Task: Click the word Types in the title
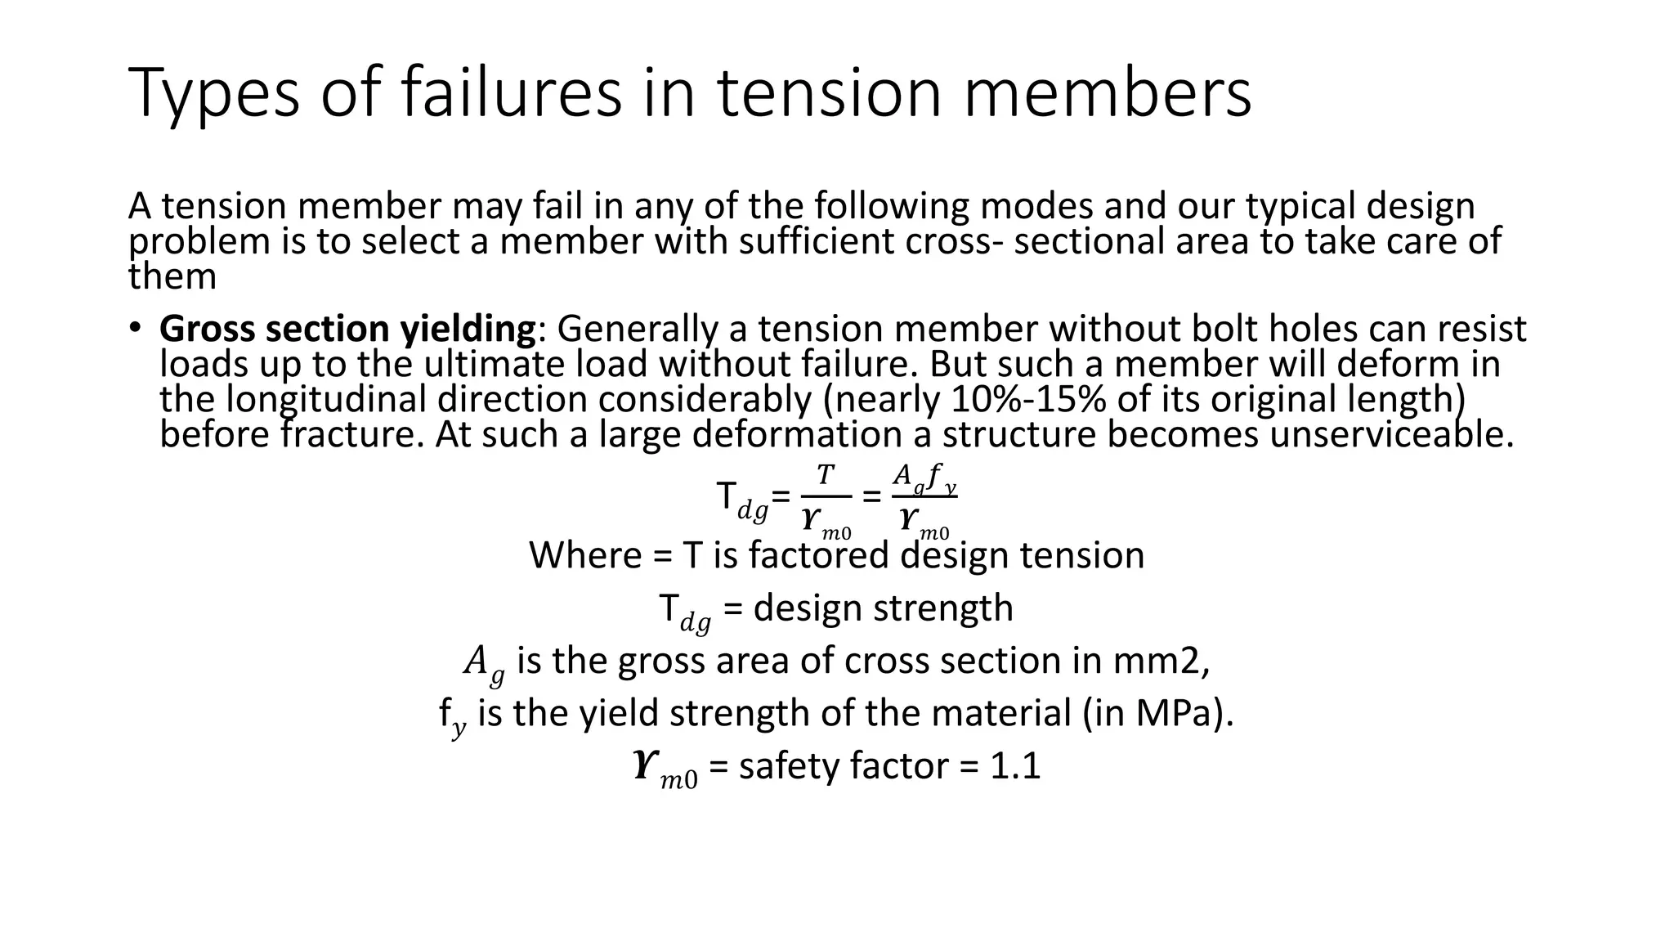coord(214,94)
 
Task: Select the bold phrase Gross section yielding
coord(347,329)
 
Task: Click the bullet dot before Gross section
coord(136,328)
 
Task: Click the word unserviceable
coord(1386,434)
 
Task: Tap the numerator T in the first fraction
coord(826,475)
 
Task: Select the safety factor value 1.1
coord(1015,766)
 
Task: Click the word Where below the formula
coord(585,555)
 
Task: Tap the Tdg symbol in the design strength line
coord(683,611)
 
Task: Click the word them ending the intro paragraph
coord(172,276)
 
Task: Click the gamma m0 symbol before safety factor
coord(665,769)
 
